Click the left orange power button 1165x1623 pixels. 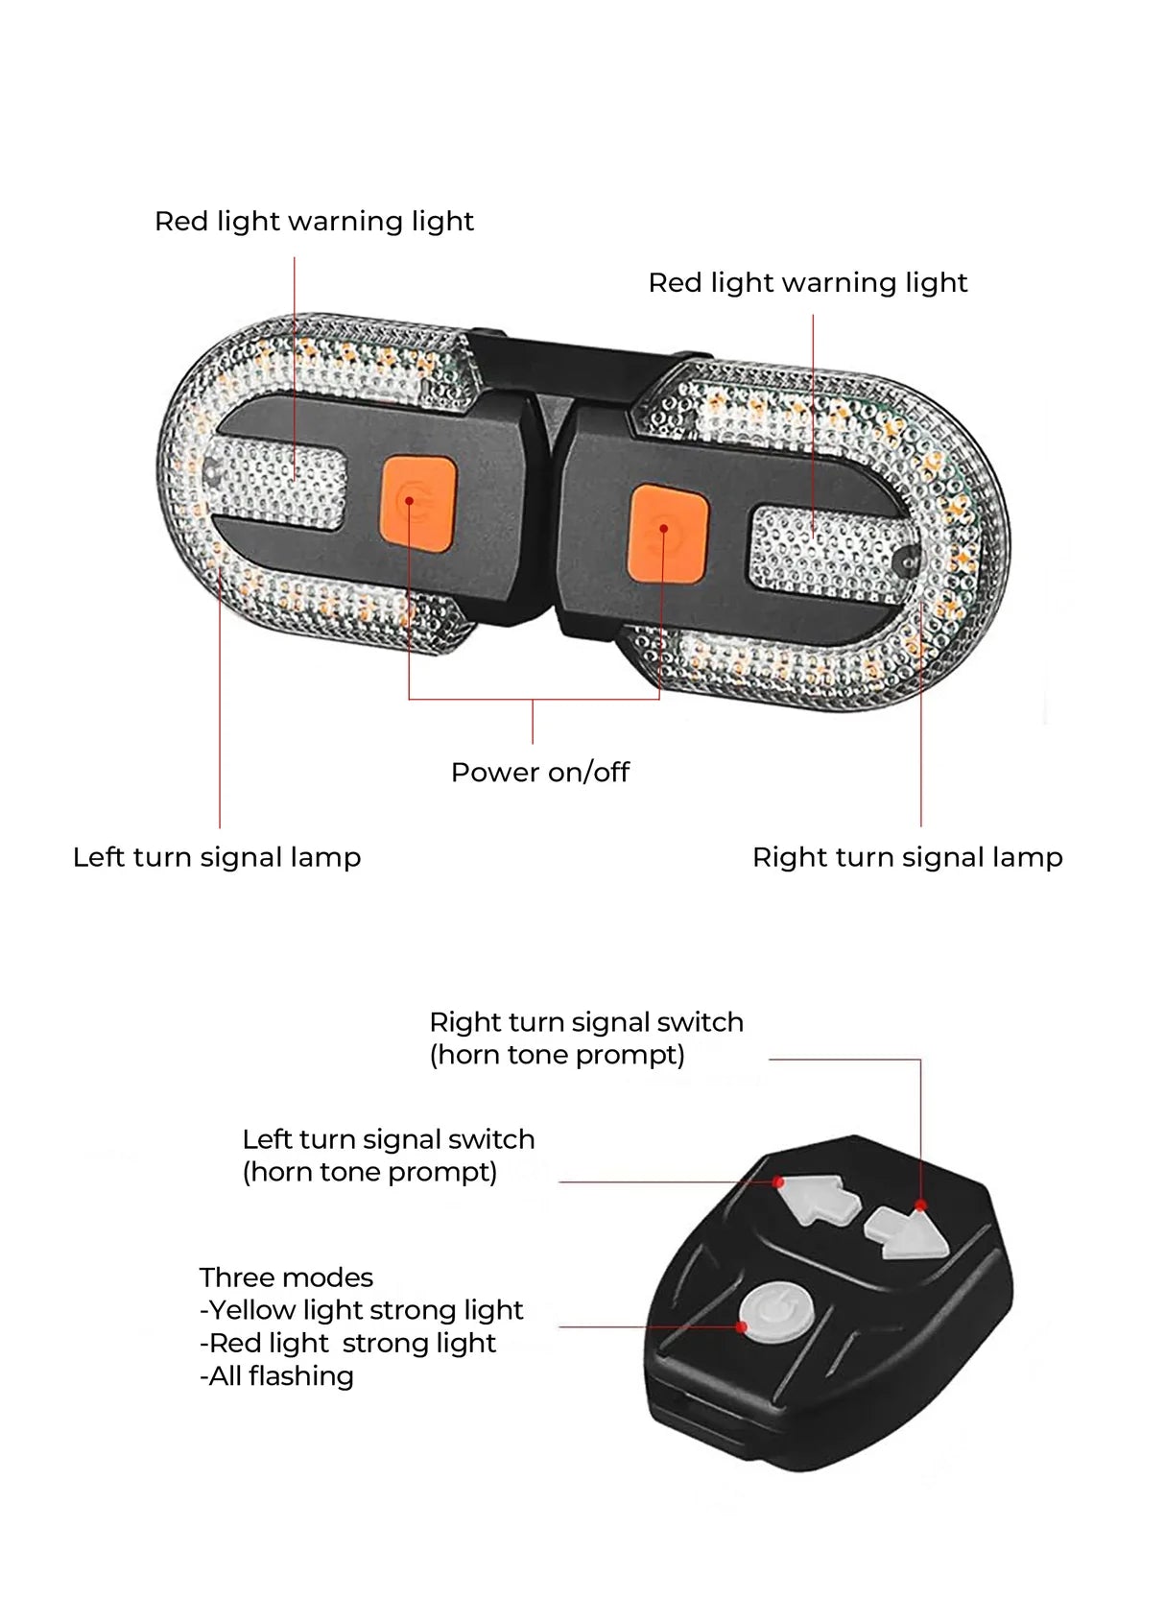[x=418, y=503]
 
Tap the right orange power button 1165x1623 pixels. [x=668, y=534]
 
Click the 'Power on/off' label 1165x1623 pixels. [x=539, y=772]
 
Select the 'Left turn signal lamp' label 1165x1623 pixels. [x=217, y=857]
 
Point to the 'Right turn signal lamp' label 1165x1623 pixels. [x=907, y=857]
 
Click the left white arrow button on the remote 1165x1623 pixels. [x=819, y=1200]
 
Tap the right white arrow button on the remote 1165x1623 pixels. [x=907, y=1233]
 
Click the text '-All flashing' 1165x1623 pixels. [x=276, y=1376]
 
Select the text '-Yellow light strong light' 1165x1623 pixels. [x=361, y=1310]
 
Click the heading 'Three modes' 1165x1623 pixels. [x=286, y=1277]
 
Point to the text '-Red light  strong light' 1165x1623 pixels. [x=347, y=1344]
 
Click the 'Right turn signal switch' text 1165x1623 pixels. [x=585, y=1022]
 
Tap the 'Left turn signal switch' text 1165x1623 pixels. [x=388, y=1139]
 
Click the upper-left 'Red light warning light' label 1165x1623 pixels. [x=314, y=222]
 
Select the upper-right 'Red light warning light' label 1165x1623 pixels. [x=807, y=283]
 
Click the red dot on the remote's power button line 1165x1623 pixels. [x=741, y=1327]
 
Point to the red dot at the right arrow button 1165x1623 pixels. [x=920, y=1205]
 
